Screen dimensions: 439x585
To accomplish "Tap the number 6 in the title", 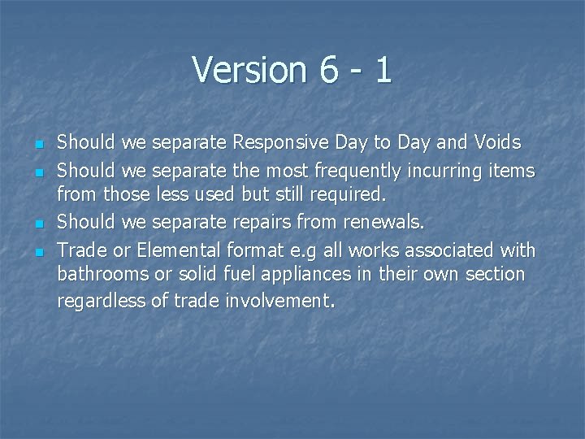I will (x=329, y=70).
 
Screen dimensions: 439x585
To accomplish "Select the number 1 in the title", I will (x=383, y=70).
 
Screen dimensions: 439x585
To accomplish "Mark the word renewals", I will (x=383, y=222).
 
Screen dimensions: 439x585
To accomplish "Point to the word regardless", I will (x=102, y=301).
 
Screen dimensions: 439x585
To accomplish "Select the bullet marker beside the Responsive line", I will (x=39, y=145).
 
